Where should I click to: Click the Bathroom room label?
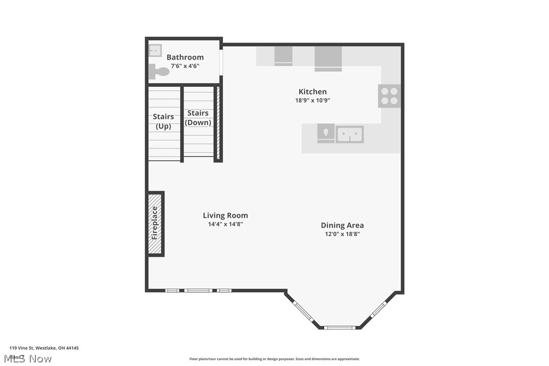tap(185, 57)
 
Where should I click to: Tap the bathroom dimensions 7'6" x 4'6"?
tap(185, 66)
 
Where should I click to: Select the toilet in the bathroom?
tap(159, 72)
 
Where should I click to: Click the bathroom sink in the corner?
tap(155, 51)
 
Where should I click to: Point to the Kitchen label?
tap(312, 91)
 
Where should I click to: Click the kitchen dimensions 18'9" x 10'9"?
tap(312, 100)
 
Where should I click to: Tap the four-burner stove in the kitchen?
tap(389, 96)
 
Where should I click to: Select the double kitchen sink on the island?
tap(350, 134)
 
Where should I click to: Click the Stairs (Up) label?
tap(163, 121)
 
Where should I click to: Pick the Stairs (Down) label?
tap(198, 118)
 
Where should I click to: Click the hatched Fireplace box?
tap(155, 223)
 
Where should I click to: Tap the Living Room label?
tap(225, 215)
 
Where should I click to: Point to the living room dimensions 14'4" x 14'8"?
tap(225, 224)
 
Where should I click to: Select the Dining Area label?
tap(342, 225)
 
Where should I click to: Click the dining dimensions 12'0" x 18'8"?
tap(342, 234)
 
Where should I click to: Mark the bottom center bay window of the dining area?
tap(339, 328)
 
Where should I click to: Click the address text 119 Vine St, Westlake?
tap(44, 348)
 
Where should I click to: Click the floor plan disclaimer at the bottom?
tap(274, 359)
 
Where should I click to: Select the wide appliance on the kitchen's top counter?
tap(328, 58)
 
